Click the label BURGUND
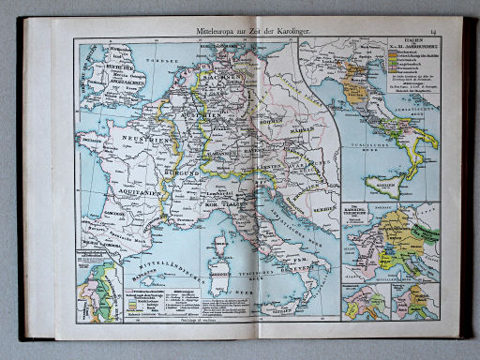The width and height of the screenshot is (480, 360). (x=190, y=172)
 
